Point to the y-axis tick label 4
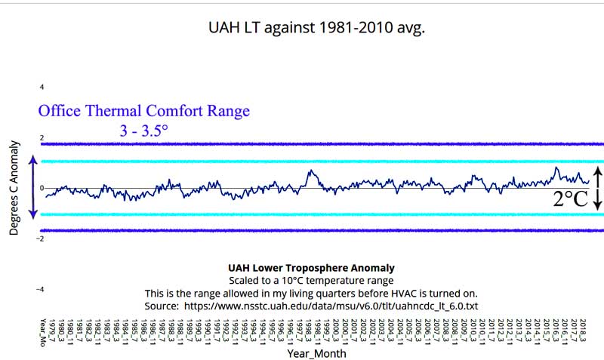42,88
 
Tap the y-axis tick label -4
41,289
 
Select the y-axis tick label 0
42,188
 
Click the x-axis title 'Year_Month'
316,352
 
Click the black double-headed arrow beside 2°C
597,188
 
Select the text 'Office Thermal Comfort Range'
143,111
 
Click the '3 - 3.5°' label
143,131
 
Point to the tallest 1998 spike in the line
310,171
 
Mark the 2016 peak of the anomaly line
556,168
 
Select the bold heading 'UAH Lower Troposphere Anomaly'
311,268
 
